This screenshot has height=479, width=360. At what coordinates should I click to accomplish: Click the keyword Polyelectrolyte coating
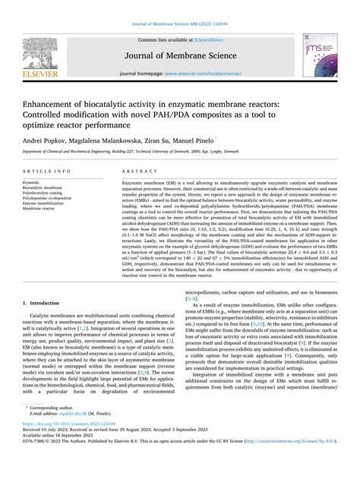[x=46, y=194]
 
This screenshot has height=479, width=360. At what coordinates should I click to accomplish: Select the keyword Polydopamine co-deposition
[x=50, y=199]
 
